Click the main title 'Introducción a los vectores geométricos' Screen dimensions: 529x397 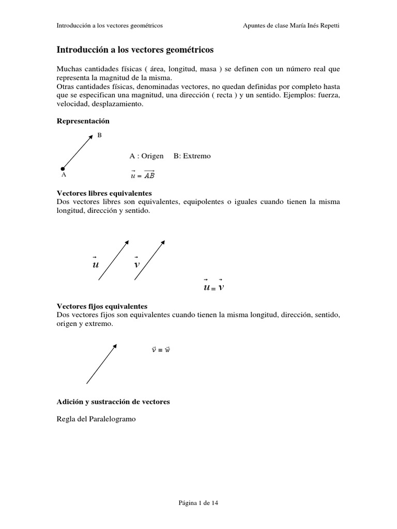[x=134, y=50]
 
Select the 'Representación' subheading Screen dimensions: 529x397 [x=83, y=121]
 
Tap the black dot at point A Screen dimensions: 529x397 [x=63, y=168]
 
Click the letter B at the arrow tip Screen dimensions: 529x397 [x=99, y=135]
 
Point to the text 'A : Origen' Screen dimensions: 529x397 [x=146, y=156]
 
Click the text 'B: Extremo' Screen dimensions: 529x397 [x=192, y=156]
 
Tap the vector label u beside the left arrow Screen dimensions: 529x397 [x=95, y=264]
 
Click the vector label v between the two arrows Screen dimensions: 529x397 [x=136, y=264]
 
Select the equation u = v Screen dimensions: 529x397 [x=214, y=287]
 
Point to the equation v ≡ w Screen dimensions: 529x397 [x=161, y=350]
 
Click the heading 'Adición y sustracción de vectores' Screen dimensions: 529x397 [x=113, y=401]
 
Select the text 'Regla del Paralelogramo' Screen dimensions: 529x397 [x=96, y=419]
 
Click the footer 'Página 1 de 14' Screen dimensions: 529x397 [x=198, y=502]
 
